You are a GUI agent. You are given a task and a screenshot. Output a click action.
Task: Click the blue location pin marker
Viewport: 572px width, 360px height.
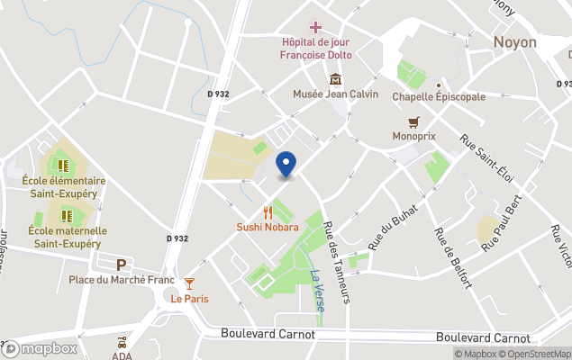(x=286, y=165)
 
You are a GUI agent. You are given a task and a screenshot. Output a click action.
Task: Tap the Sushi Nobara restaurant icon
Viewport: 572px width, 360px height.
(x=268, y=213)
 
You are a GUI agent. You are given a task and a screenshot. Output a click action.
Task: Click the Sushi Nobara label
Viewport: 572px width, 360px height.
(x=268, y=227)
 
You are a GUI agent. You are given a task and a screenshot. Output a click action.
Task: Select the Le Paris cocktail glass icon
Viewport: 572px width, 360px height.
(x=189, y=284)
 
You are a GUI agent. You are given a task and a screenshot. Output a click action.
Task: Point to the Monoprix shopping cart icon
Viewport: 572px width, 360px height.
(x=413, y=121)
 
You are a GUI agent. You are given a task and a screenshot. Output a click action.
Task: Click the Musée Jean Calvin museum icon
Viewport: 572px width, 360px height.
(x=335, y=79)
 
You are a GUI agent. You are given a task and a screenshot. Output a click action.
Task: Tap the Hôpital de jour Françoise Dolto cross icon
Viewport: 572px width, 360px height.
(x=314, y=26)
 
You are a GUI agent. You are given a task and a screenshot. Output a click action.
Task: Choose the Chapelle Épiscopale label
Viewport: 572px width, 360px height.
(x=439, y=96)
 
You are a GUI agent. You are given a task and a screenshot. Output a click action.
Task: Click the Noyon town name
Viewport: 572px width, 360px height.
(x=515, y=42)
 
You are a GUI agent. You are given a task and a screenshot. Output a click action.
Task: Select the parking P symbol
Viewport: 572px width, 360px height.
(x=122, y=265)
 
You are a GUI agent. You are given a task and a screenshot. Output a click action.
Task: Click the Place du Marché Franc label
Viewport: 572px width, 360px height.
(x=121, y=280)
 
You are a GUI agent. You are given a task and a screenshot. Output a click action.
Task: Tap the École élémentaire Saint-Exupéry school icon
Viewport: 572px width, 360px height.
(x=64, y=166)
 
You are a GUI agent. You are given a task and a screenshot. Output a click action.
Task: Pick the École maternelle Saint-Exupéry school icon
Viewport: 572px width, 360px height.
(x=67, y=216)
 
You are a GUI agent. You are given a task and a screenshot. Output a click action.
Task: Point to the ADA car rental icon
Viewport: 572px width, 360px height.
(x=121, y=343)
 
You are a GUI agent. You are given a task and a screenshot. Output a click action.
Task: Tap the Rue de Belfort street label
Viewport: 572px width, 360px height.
(x=452, y=257)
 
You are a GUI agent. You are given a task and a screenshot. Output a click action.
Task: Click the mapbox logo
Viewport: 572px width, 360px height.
(x=41, y=348)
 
